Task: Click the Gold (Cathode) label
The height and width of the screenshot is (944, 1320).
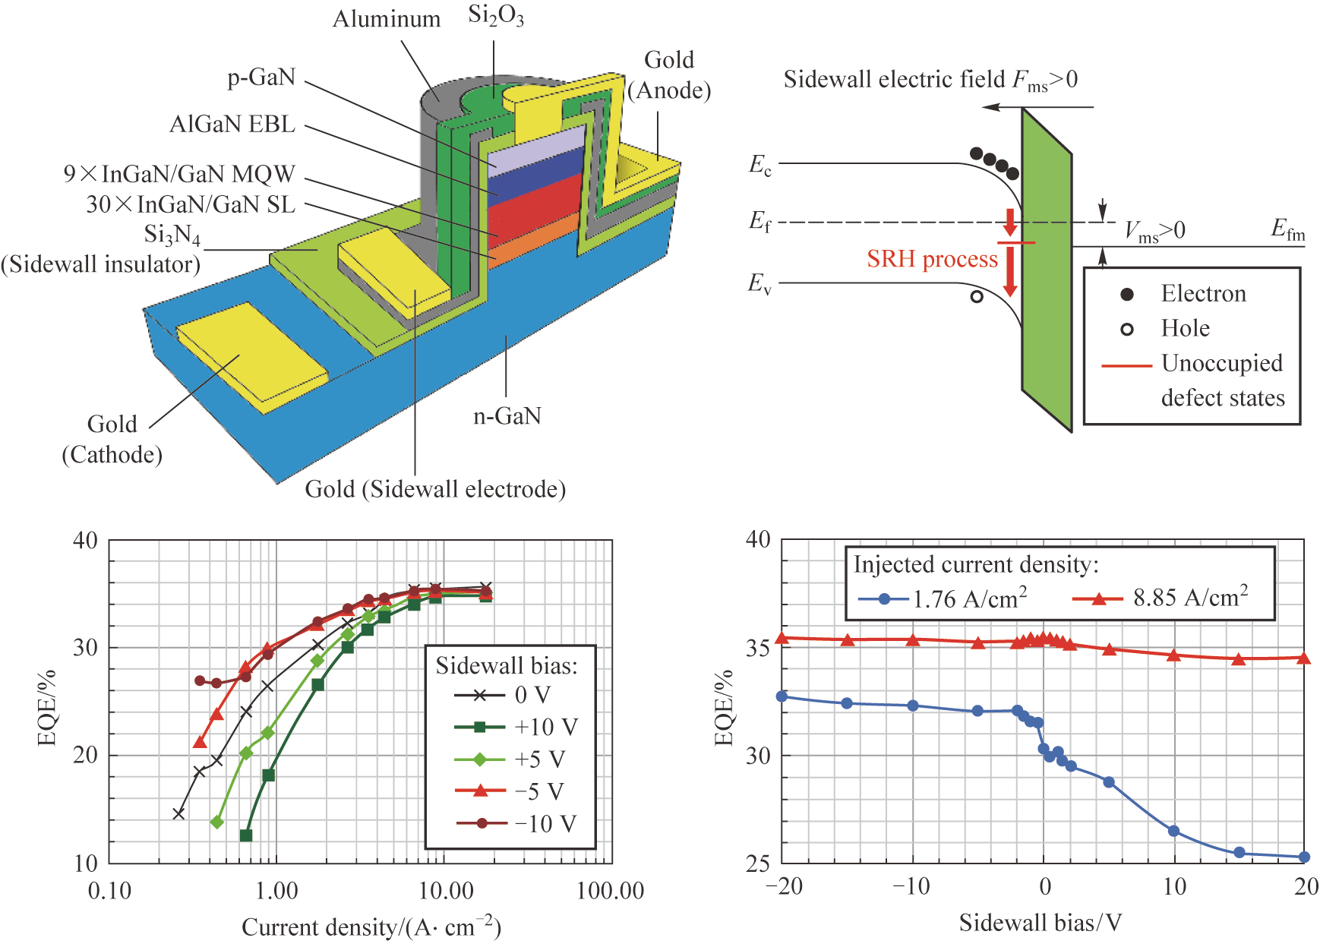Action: tap(112, 439)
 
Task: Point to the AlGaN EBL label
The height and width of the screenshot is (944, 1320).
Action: tap(232, 125)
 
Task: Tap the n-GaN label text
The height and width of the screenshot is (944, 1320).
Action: tap(507, 416)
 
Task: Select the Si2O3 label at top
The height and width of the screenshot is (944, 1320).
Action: tap(496, 17)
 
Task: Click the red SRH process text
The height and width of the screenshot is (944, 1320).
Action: tap(932, 259)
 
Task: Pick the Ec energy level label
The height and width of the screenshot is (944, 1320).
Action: tap(760, 165)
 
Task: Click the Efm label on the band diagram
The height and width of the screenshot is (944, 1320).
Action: tap(1288, 229)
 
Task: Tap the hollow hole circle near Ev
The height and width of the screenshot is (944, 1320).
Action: tap(977, 297)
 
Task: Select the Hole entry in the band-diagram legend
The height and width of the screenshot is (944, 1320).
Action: tap(1185, 328)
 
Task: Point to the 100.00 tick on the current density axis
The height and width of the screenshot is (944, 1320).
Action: tap(610, 891)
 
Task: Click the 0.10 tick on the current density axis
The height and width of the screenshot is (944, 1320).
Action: tap(110, 891)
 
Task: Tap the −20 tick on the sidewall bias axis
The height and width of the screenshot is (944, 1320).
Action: tap(783, 886)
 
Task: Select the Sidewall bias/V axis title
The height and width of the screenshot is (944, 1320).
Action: tap(1041, 923)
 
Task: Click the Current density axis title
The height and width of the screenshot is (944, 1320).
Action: tap(371, 927)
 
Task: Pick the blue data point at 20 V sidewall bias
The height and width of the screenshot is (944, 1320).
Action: tap(1304, 857)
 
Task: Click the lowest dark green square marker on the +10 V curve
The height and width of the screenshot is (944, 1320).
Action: tap(246, 835)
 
